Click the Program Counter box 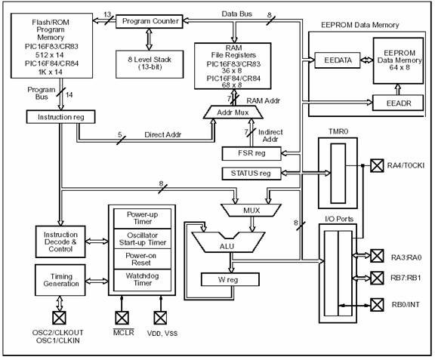(x=150, y=21)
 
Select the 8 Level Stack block (x=150, y=64)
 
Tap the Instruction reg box (x=60, y=117)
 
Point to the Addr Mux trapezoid (x=233, y=112)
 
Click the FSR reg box (x=251, y=154)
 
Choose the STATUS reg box (x=251, y=174)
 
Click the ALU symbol (x=228, y=242)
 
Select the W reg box (x=230, y=279)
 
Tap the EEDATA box (x=338, y=60)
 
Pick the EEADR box (x=398, y=103)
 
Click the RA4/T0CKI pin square (x=377, y=165)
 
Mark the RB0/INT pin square (x=377, y=305)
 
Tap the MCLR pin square (x=122, y=318)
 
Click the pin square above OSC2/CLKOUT (x=59, y=318)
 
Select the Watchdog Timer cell (x=142, y=280)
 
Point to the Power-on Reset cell (x=142, y=259)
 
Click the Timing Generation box (x=60, y=280)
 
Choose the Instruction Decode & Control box (x=60, y=242)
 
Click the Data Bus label (x=236, y=14)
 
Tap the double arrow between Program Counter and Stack (x=150, y=39)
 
